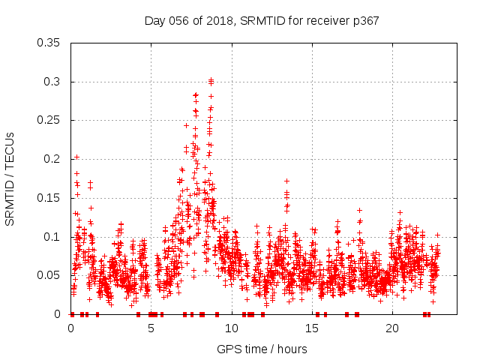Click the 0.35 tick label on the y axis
click(x=49, y=43)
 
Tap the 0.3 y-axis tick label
click(x=52, y=82)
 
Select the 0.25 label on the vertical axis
click(x=49, y=120)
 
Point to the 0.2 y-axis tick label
click(x=52, y=159)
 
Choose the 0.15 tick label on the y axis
click(x=49, y=198)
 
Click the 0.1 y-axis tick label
click(x=52, y=237)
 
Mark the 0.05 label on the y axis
click(x=49, y=275)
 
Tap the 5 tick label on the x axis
click(x=151, y=328)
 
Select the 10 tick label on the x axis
click(x=232, y=328)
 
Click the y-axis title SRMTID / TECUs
click(x=10, y=178)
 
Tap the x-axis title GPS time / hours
click(x=262, y=349)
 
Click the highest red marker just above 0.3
click(x=211, y=79)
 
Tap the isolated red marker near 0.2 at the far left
click(x=76, y=157)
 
